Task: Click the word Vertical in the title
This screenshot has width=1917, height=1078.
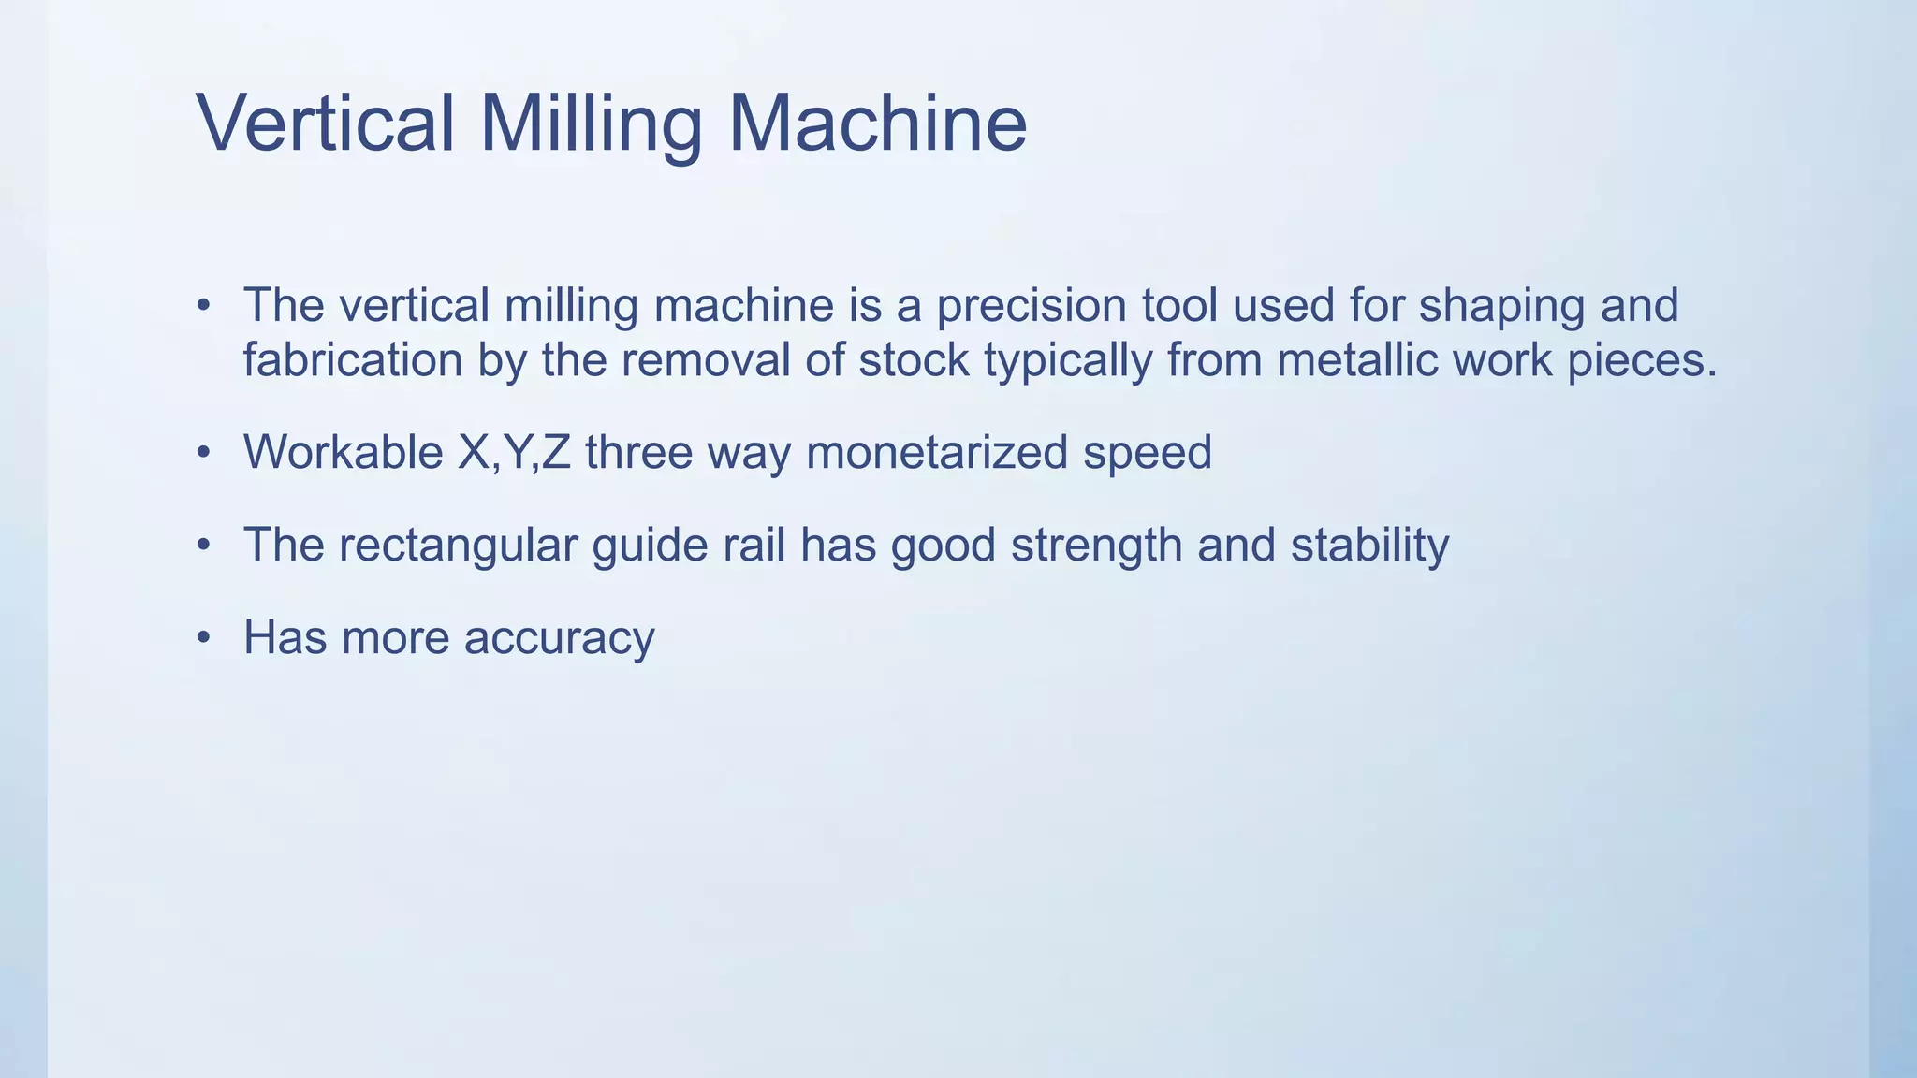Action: point(326,124)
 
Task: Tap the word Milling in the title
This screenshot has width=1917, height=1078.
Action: point(591,124)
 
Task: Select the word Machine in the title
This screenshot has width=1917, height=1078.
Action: point(877,124)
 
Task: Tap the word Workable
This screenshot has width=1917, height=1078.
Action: point(343,452)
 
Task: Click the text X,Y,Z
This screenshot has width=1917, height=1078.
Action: point(514,452)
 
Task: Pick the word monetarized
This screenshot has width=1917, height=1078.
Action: point(936,452)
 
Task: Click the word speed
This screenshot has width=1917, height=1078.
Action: point(1147,454)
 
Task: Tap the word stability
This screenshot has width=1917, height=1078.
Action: point(1369,546)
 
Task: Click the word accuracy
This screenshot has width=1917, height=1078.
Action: point(559,639)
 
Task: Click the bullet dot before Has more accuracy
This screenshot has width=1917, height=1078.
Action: point(204,639)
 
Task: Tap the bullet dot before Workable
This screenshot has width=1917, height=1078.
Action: point(204,454)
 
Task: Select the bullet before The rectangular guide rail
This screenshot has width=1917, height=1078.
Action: point(204,546)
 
